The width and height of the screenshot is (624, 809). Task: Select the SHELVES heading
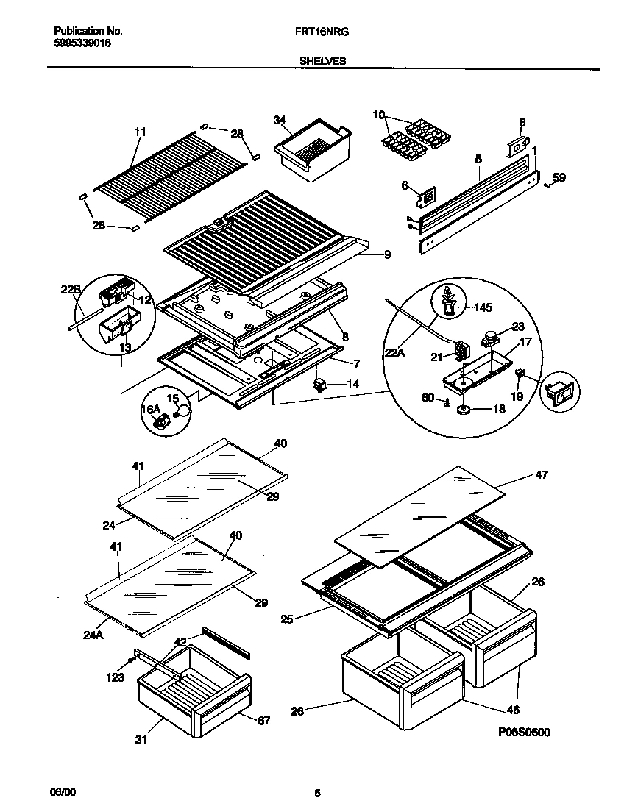[322, 62]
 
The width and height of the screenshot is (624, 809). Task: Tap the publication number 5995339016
[83, 43]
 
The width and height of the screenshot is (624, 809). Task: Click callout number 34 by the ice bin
[279, 120]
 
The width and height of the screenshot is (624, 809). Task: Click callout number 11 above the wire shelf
[141, 132]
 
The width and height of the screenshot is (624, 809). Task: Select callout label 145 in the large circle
[483, 307]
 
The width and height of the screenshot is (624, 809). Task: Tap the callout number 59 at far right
[559, 177]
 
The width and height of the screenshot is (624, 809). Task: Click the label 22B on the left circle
[70, 289]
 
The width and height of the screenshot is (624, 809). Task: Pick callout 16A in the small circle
[150, 409]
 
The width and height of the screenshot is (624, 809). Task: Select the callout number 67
[263, 720]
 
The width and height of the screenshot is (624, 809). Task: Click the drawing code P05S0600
[524, 732]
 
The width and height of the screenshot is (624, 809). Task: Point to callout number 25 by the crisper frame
[287, 619]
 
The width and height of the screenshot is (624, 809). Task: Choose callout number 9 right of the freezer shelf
[386, 255]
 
